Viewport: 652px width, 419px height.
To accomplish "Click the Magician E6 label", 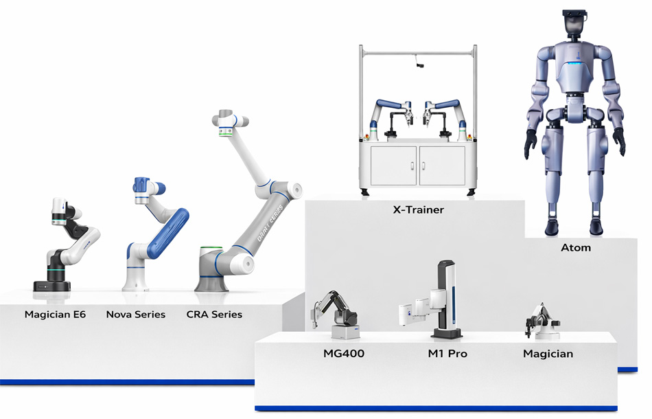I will (x=55, y=315).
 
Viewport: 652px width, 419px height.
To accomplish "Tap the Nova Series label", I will (x=136, y=315).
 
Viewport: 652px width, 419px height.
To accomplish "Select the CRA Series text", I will (x=214, y=315).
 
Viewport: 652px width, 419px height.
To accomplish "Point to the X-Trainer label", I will (x=418, y=210).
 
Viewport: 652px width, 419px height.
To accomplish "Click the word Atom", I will (x=576, y=247).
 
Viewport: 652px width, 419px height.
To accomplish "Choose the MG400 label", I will (x=344, y=354).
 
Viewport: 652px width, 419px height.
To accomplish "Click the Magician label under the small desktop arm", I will (x=548, y=354).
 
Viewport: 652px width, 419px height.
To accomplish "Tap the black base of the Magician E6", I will (x=51, y=284).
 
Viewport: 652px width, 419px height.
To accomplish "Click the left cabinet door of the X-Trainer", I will (x=393, y=165).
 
